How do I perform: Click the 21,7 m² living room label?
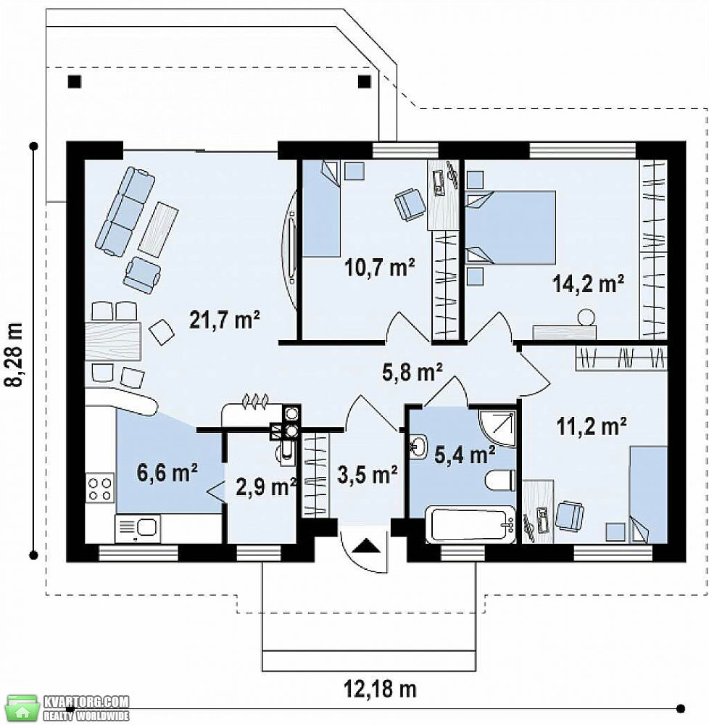coord(225,320)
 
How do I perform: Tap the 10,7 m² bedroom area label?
coord(379,267)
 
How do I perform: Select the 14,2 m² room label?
coord(589,283)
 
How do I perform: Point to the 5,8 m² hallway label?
coord(412,372)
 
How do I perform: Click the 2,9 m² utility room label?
coord(266,486)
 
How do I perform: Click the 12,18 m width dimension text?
coord(380,689)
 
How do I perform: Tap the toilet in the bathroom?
coord(500,480)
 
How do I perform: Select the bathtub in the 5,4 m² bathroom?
coord(470,524)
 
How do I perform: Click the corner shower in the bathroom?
coord(497,428)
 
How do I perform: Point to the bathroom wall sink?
coord(419,446)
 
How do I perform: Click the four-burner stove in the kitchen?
coord(100,487)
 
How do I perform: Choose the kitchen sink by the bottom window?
coord(138,529)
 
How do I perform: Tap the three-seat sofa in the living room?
coord(125,211)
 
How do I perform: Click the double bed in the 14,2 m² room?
coord(510,228)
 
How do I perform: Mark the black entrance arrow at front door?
coord(367,546)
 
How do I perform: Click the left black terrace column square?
coord(75,81)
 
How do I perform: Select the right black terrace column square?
coord(365,81)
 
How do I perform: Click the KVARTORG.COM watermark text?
coord(86,701)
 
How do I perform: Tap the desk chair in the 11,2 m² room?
coord(569,515)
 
